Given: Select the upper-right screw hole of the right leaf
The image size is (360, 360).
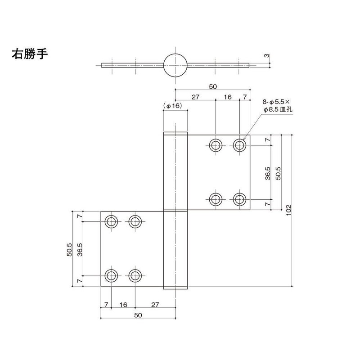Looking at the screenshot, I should [239, 144].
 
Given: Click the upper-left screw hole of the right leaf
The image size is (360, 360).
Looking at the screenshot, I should [216, 144].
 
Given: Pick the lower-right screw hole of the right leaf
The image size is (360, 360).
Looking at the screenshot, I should [239, 198].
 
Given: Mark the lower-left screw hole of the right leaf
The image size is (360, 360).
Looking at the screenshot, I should [216, 198].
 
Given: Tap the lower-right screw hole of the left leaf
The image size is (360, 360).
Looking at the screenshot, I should [135, 275].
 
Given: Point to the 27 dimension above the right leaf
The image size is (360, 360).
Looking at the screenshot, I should [195, 97].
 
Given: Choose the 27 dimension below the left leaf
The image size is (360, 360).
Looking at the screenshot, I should [155, 305].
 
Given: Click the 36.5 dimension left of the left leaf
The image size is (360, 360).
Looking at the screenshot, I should [80, 248].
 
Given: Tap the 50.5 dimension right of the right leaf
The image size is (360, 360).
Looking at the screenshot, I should [278, 172].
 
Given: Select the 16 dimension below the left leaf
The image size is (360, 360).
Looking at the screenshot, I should [123, 305].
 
